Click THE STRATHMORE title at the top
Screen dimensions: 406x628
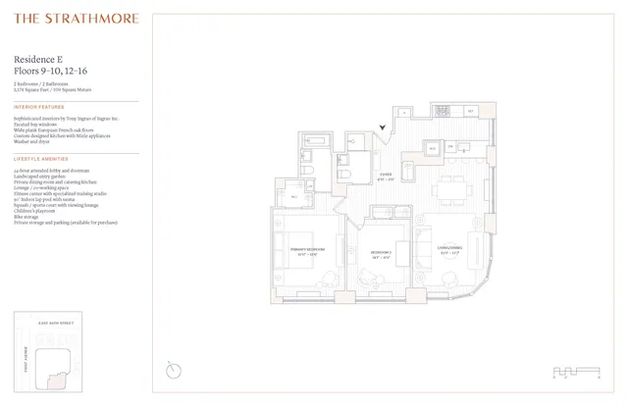click(x=76, y=18)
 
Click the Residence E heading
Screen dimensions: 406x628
click(x=40, y=59)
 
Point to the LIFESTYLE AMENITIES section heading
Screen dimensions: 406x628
click(x=42, y=158)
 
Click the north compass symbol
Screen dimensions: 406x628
click(x=174, y=370)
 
